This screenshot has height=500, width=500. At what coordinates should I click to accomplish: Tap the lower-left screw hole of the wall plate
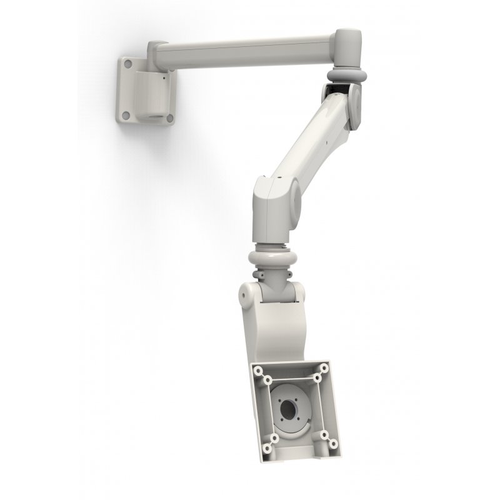pyautogui.click(x=125, y=116)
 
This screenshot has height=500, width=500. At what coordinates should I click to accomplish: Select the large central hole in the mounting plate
pyautogui.click(x=289, y=412)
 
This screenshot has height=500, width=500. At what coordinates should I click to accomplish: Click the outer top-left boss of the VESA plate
pyautogui.click(x=257, y=370)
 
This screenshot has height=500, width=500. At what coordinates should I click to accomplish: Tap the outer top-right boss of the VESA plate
pyautogui.click(x=325, y=368)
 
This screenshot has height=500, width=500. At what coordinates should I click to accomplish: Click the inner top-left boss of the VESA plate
pyautogui.click(x=267, y=379)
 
